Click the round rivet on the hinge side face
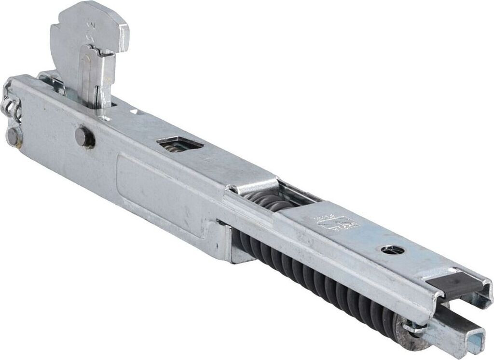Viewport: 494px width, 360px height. tap(84, 137)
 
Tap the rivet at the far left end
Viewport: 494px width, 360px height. tap(13, 137)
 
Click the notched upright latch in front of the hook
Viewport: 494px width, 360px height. tap(98, 77)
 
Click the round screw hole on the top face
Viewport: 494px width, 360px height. tap(392, 249)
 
